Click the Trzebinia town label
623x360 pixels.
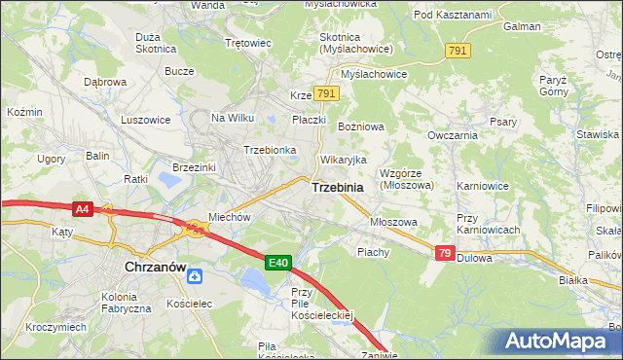[338, 187]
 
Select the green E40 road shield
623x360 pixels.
[278, 263]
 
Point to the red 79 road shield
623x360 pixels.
[445, 253]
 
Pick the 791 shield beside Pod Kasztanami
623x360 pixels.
[458, 51]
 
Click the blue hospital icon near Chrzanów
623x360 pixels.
[196, 277]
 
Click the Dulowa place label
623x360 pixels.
[475, 258]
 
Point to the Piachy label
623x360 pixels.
[374, 251]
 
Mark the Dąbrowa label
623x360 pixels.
[105, 82]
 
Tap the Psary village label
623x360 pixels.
[502, 122]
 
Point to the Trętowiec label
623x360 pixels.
[247, 44]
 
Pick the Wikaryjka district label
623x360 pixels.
[343, 159]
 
